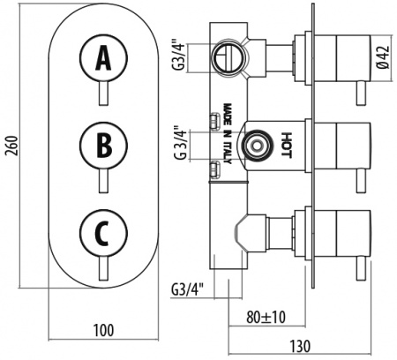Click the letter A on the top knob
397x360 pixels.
(103, 58)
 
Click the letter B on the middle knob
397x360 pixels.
(104, 146)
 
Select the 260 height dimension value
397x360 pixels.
(11, 146)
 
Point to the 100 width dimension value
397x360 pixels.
(103, 330)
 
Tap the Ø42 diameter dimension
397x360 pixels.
(384, 58)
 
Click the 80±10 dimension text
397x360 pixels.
(266, 317)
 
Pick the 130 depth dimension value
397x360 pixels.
(300, 346)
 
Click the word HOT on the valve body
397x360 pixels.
(286, 146)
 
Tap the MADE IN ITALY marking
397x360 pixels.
(228, 133)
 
